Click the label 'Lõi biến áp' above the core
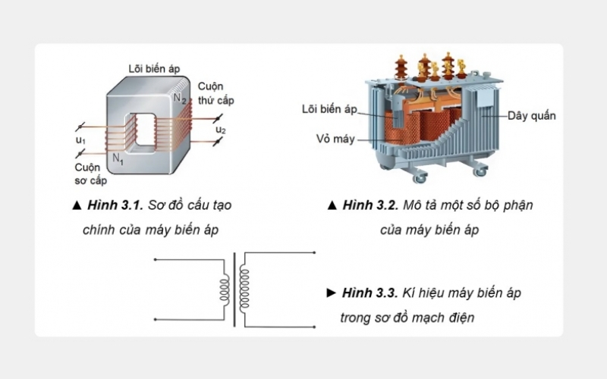coord(153,68)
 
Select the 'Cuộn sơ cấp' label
coord(90,174)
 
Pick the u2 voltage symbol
coord(221,130)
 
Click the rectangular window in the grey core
coord(143,129)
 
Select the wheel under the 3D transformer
coord(417,180)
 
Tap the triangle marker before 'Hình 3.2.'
coord(331,205)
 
